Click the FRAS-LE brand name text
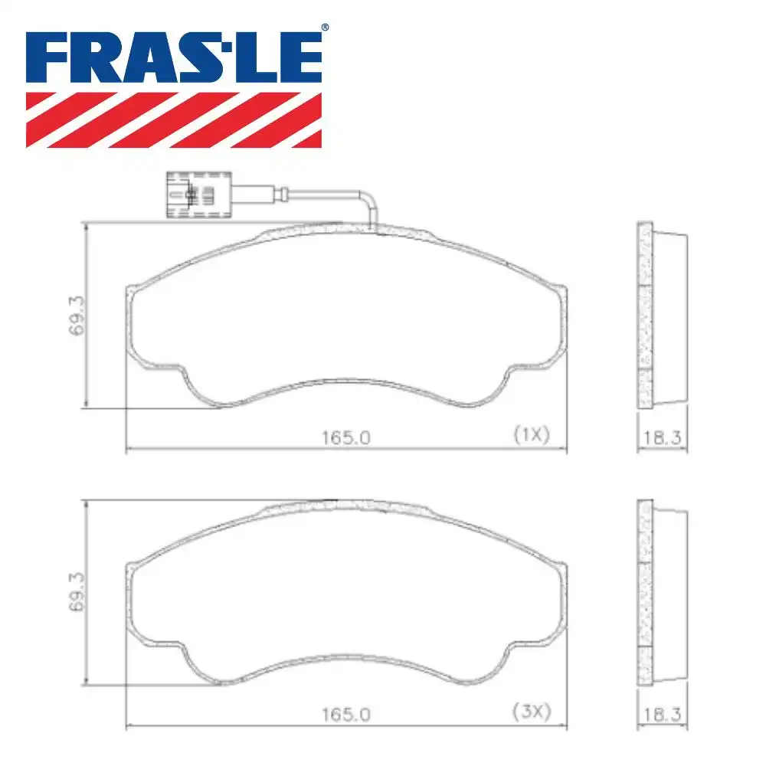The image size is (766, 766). coord(174,57)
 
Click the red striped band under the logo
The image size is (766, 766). coord(174,119)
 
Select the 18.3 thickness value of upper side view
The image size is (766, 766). coord(663,437)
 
